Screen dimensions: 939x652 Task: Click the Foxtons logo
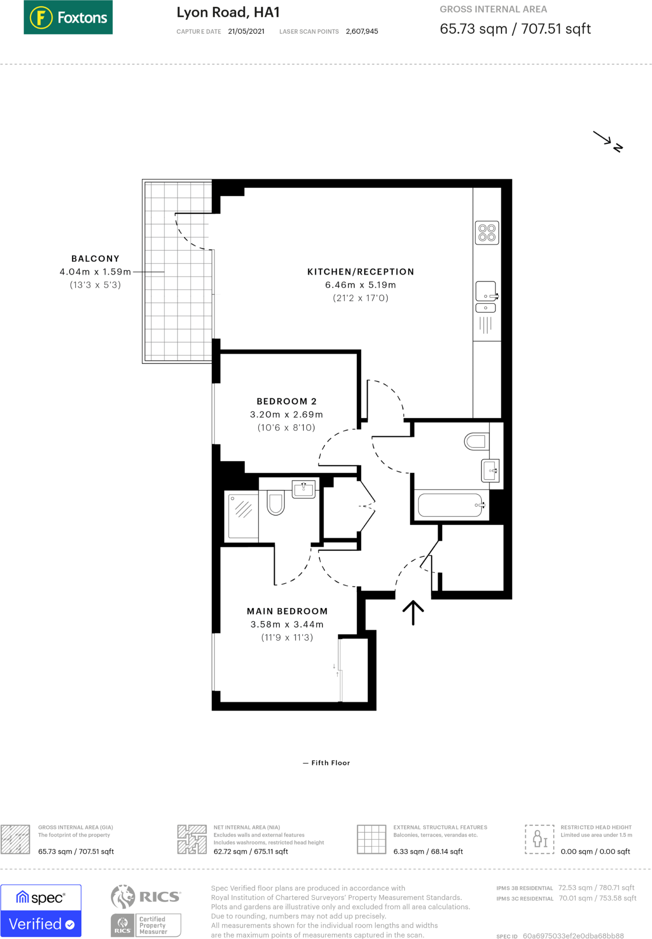pos(68,17)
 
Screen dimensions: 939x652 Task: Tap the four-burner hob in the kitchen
pos(486,233)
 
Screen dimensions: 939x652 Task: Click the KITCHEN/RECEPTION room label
pos(360,272)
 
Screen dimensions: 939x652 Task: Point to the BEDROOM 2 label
pos(286,402)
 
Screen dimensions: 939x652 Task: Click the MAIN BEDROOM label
pos(287,611)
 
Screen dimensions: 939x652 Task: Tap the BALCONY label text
pos(95,259)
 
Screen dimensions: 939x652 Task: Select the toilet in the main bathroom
pos(476,442)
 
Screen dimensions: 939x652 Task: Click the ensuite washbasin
pos(303,489)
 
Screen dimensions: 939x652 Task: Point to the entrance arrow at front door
pos(413,613)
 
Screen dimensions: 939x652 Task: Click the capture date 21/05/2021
pos(246,32)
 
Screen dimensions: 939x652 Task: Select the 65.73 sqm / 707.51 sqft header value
pos(515,29)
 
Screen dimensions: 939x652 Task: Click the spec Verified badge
pos(41,911)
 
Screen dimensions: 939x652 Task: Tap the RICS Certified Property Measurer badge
pos(146,911)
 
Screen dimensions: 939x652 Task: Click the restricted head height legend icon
pos(539,839)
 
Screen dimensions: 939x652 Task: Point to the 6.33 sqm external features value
pos(428,851)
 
